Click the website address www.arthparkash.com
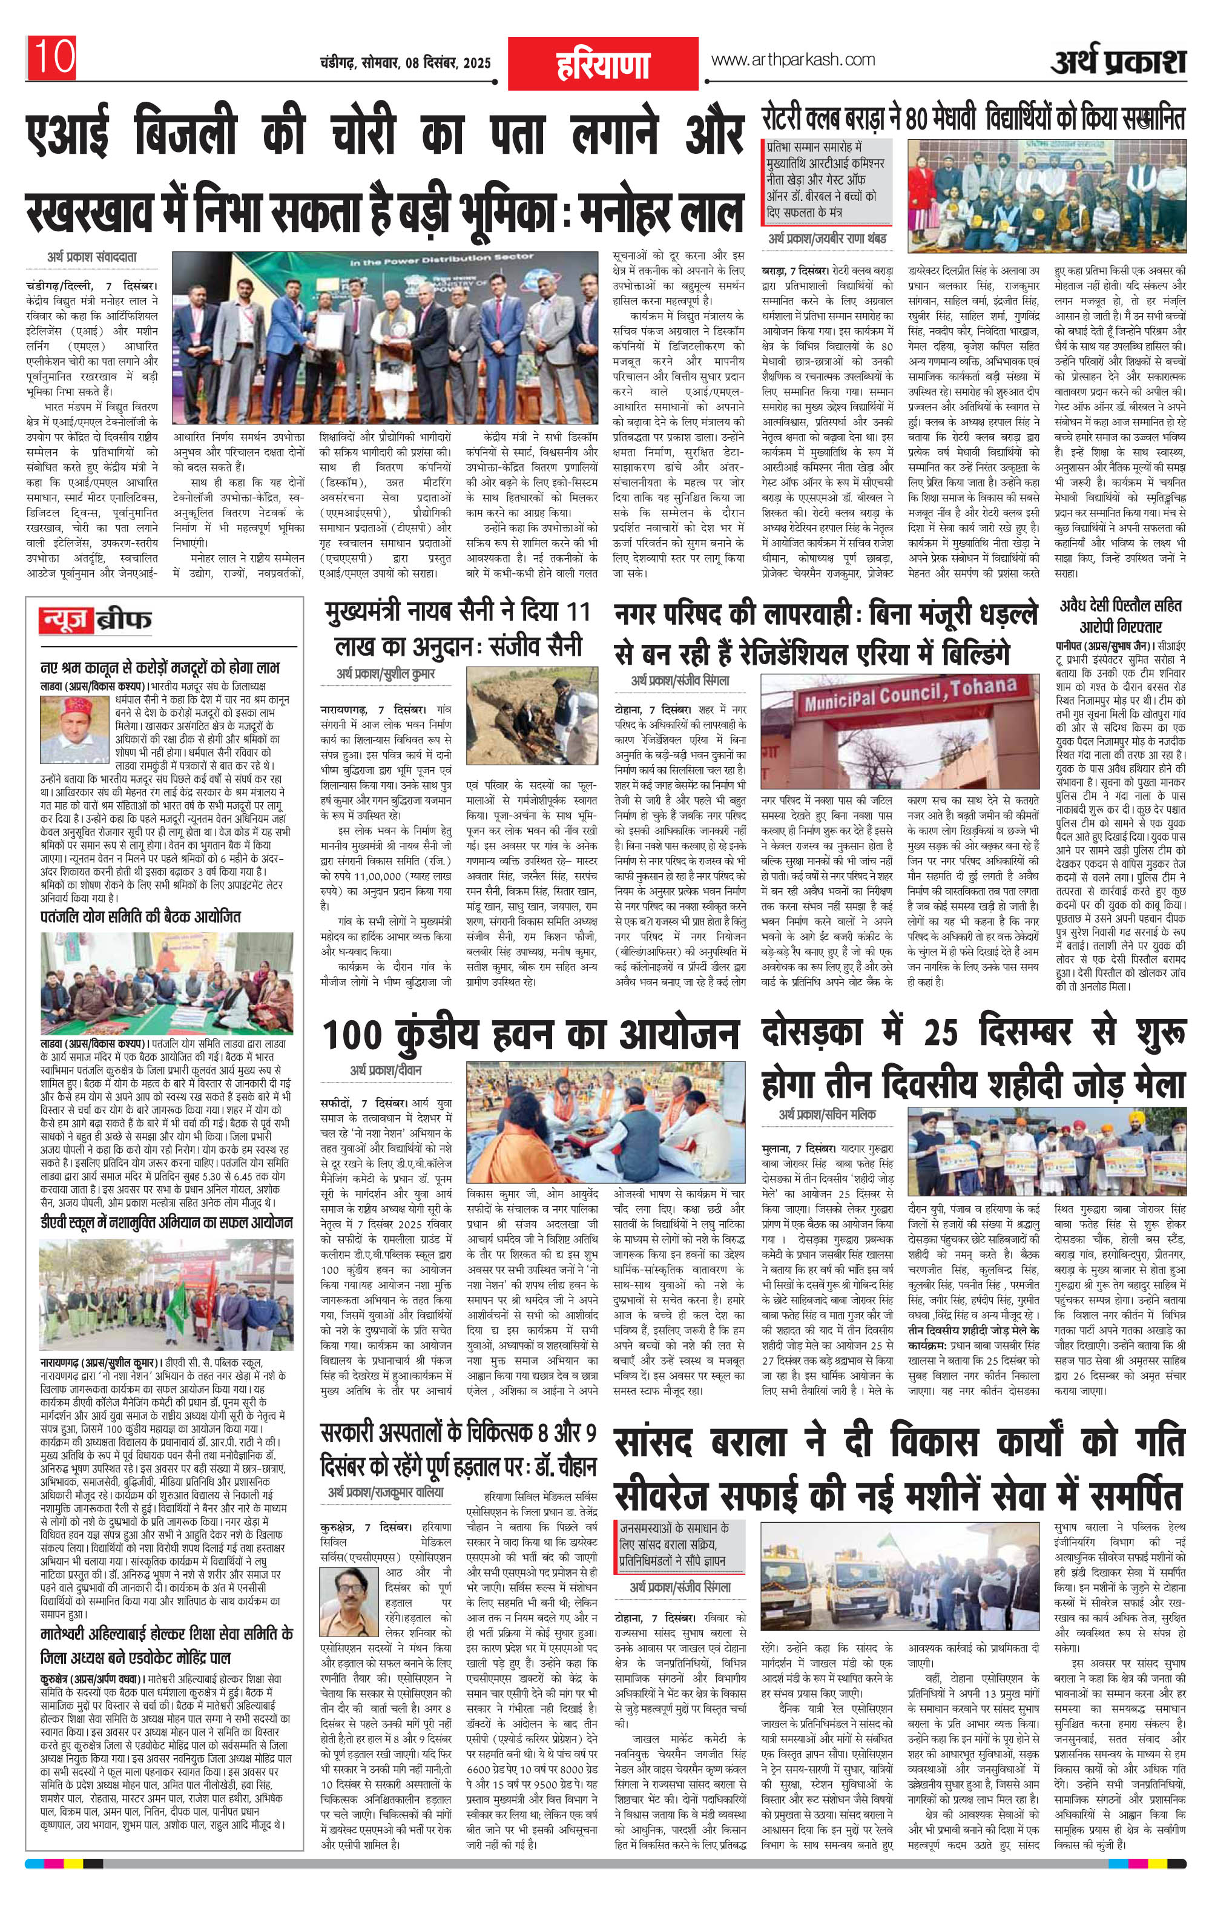(x=792, y=59)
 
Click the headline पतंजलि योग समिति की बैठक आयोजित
(x=140, y=917)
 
